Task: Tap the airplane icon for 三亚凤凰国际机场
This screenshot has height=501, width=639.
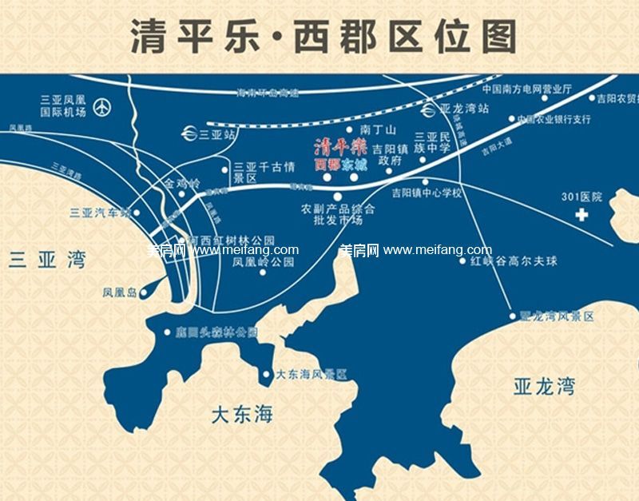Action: pos(102,105)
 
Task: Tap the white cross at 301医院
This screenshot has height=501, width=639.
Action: pos(585,214)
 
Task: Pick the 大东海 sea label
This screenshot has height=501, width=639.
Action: pos(241,415)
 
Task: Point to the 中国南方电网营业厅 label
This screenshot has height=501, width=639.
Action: pos(527,89)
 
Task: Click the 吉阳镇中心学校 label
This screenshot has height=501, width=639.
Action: pos(427,193)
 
